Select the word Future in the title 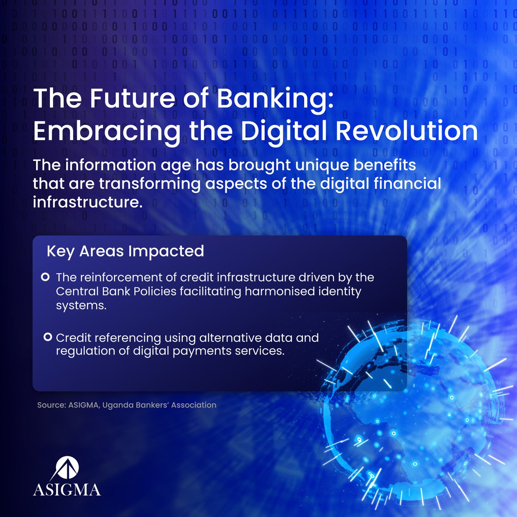(125, 99)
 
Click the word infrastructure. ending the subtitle (87, 202)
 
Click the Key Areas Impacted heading (125, 251)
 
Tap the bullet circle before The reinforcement (45, 277)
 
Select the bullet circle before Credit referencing (48, 336)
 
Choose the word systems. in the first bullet (81, 305)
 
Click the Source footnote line (127, 405)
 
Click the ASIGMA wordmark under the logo (67, 490)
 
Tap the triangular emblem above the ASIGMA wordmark (67, 467)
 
